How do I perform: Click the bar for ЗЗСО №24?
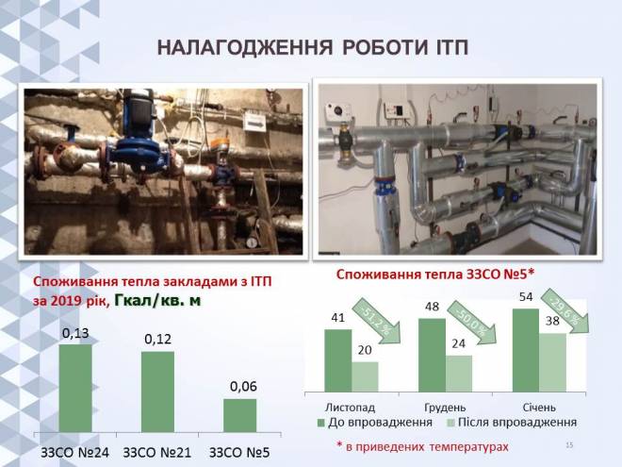pos(75,388)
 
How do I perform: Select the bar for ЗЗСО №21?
pos(157,392)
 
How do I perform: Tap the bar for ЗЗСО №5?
pos(240,415)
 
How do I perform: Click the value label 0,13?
pos(75,334)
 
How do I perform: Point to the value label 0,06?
pos(243,387)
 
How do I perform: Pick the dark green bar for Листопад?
pos(338,360)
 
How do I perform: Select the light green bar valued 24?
pos(459,374)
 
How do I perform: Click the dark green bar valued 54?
pos(526,350)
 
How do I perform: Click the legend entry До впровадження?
pos(375,422)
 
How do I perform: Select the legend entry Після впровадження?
pos(512,422)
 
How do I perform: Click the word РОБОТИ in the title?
pos(381,48)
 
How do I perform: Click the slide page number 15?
pos(569,445)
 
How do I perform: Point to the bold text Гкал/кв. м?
pos(157,301)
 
